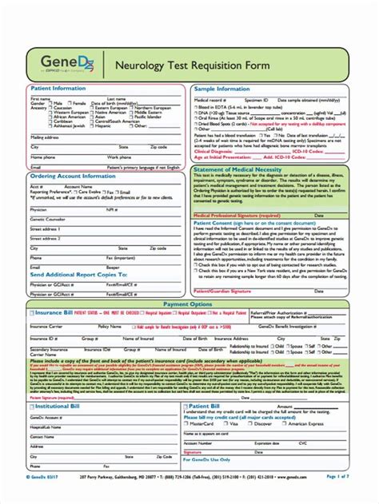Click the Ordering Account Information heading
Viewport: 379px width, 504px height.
73,176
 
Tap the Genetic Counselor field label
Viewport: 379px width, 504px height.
47,217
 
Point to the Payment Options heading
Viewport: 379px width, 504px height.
189,282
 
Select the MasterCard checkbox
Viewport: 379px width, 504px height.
187,423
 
